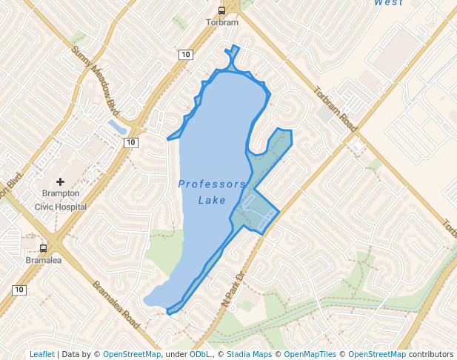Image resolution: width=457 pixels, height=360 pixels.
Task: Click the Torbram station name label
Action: click(221, 22)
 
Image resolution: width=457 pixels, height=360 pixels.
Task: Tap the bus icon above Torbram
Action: click(221, 10)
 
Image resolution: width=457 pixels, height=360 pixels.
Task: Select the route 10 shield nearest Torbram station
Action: click(185, 54)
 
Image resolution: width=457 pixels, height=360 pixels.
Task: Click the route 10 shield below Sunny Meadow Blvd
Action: click(130, 141)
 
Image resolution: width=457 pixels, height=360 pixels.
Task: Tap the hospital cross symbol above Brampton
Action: click(61, 181)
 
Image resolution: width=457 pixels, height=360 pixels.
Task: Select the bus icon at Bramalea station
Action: click(43, 249)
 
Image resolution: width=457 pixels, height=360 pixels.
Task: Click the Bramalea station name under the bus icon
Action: click(43, 261)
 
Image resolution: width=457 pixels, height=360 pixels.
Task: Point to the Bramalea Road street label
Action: click(116, 305)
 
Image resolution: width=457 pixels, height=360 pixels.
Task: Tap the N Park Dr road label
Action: click(233, 290)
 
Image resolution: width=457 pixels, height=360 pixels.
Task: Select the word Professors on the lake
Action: click(211, 184)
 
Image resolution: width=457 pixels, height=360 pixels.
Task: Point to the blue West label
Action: click(388, 3)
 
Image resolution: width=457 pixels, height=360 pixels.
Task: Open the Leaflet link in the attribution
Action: click(41, 354)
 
